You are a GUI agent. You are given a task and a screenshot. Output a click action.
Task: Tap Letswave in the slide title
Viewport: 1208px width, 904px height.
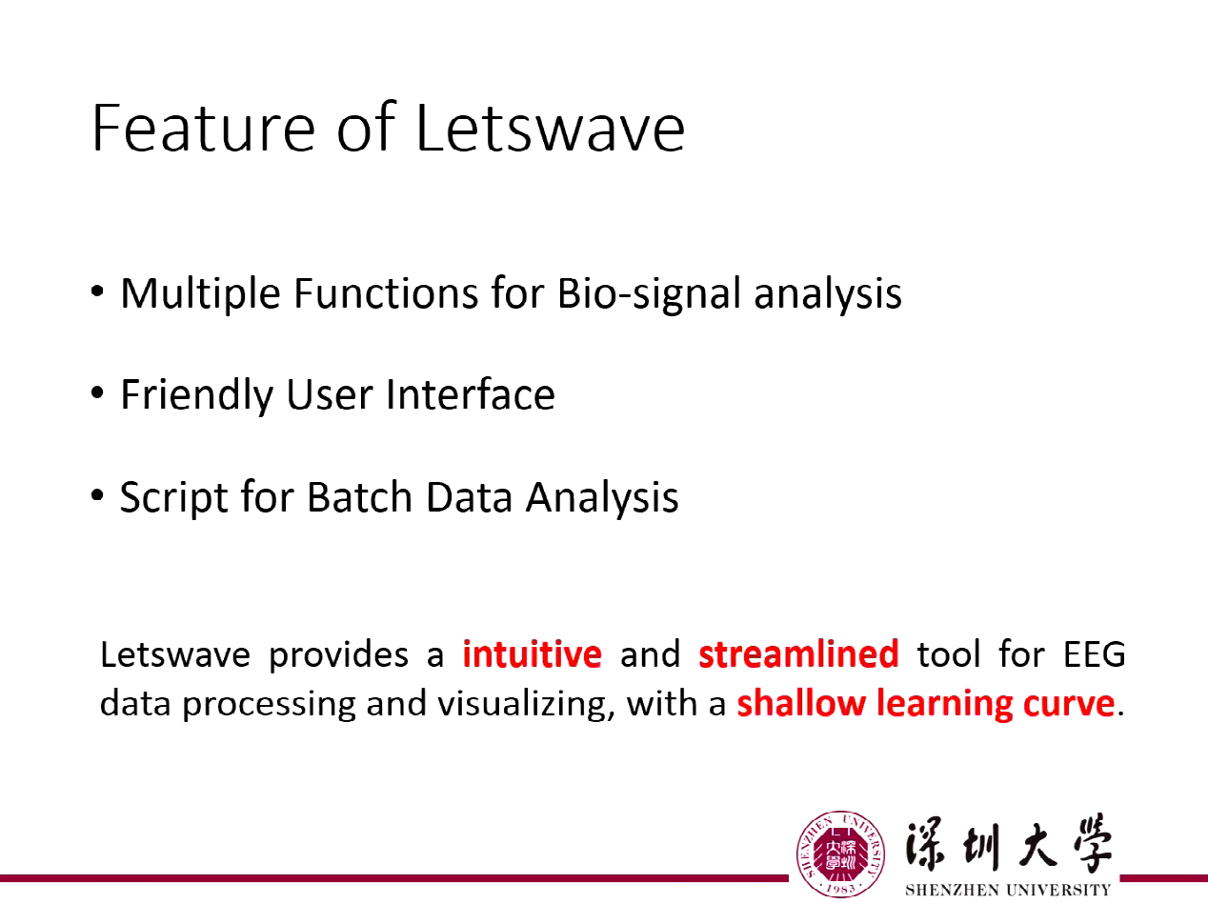point(551,130)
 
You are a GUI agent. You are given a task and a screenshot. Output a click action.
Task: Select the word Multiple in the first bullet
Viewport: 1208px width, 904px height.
point(200,293)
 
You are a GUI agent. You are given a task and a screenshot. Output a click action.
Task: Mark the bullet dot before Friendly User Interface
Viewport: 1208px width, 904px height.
point(98,393)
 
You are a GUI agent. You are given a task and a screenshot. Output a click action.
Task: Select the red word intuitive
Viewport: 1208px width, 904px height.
point(532,655)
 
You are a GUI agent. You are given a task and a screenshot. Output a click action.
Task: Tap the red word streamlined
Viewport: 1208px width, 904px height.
point(798,655)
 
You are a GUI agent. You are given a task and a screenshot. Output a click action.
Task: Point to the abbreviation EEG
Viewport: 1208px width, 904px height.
point(1093,655)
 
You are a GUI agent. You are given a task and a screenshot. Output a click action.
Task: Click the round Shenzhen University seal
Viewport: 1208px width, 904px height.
point(840,854)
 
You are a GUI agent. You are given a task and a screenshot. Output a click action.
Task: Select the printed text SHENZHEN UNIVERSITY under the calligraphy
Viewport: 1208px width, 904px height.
point(1006,890)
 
